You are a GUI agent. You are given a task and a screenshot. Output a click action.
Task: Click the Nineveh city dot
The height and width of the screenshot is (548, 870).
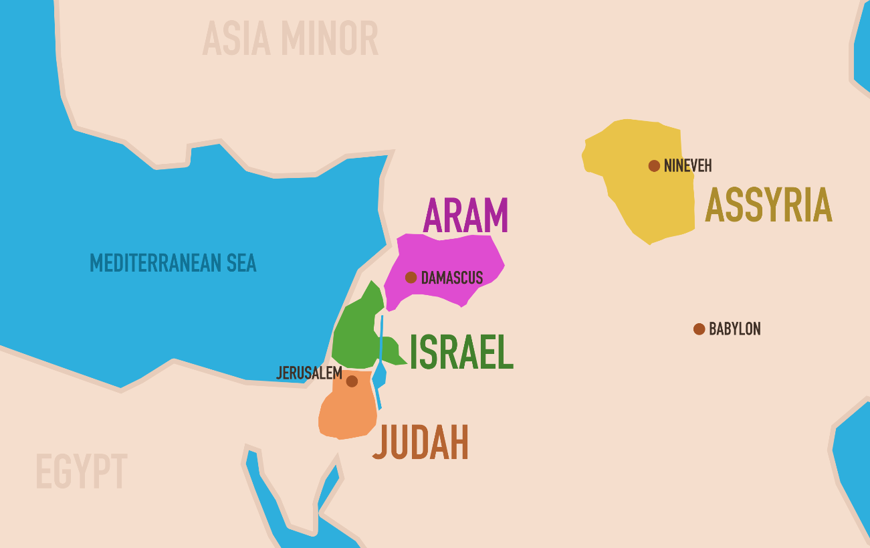coord(654,166)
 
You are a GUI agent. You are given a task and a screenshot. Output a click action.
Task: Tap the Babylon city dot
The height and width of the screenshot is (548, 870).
coord(699,329)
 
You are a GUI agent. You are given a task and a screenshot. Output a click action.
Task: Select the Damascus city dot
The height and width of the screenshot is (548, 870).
coord(411,278)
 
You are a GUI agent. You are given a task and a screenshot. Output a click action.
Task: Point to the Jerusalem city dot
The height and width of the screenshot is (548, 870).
coord(352,381)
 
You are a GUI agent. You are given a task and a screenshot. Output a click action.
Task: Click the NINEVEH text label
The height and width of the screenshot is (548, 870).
coord(688,166)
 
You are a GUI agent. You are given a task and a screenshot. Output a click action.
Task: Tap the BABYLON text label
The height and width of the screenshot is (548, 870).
coord(735,329)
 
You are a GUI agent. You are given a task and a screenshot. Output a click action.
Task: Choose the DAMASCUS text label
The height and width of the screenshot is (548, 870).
coord(452,278)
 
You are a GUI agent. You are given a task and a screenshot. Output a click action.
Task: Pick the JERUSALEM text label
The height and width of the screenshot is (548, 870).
coord(310,373)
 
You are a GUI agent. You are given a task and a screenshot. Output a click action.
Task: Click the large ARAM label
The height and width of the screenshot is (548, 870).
coord(466,215)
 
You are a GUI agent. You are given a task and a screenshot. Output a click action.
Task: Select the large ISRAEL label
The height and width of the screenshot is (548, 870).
coord(461,353)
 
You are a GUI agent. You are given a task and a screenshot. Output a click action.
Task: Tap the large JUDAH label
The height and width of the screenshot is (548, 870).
coord(421,442)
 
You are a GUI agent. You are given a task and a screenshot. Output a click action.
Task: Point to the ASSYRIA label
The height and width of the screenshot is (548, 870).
coord(768,205)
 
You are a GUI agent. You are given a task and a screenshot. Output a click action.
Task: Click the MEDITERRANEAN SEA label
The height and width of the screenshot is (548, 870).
coord(173,263)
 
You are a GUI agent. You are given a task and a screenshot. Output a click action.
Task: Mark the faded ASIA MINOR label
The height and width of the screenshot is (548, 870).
coord(290,39)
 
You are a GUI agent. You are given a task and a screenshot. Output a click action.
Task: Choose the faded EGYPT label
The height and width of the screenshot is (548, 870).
coord(81,472)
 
